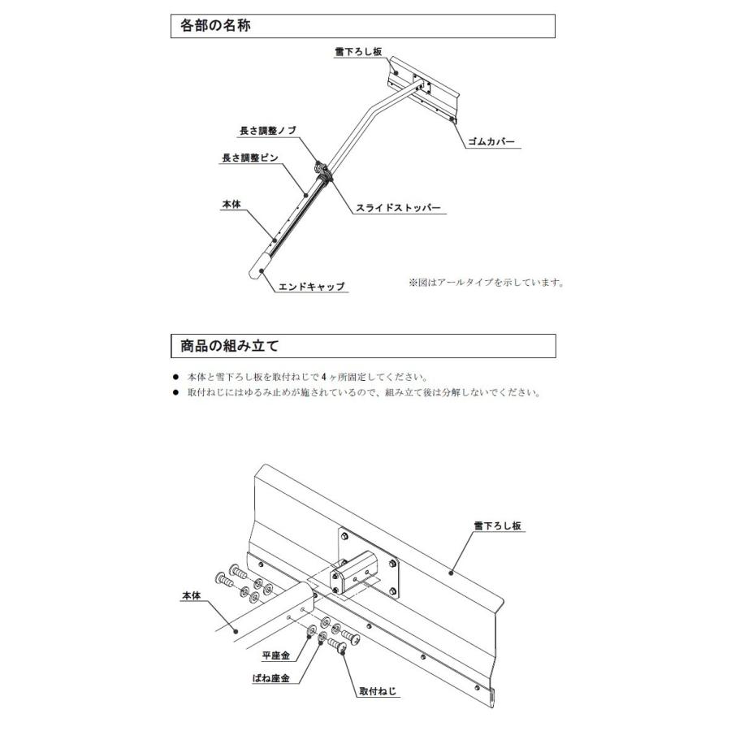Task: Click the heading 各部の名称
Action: point(215,26)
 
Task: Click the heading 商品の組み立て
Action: point(230,346)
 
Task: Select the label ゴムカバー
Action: point(491,142)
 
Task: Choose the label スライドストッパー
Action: point(398,208)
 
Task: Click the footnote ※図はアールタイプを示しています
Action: point(486,283)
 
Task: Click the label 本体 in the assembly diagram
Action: point(192,595)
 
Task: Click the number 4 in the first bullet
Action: point(323,378)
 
